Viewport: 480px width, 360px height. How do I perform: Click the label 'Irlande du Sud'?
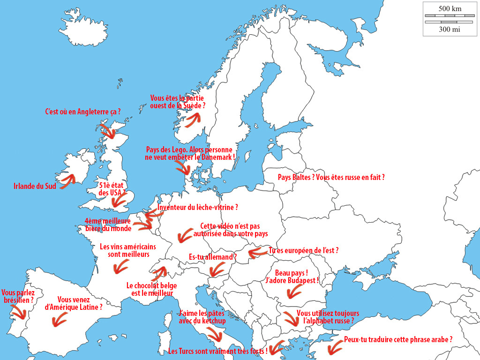tap(35, 186)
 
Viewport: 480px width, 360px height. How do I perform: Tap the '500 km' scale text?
tap(450, 8)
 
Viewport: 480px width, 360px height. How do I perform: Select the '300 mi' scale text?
tap(450, 30)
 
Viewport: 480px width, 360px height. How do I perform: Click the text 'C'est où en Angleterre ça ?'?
tap(82, 112)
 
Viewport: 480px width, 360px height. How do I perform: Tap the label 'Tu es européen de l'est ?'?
tap(303, 250)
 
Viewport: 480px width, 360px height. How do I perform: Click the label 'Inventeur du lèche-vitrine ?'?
tap(198, 207)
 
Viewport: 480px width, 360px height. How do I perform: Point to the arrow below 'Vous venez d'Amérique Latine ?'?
tap(59, 321)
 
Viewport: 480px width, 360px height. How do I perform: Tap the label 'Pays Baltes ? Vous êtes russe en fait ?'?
tap(331, 178)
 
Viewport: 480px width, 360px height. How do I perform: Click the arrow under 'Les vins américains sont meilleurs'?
tap(121, 267)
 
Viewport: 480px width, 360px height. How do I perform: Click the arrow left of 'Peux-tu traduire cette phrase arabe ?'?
tap(335, 348)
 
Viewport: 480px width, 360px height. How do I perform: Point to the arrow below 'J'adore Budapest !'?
tap(294, 292)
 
